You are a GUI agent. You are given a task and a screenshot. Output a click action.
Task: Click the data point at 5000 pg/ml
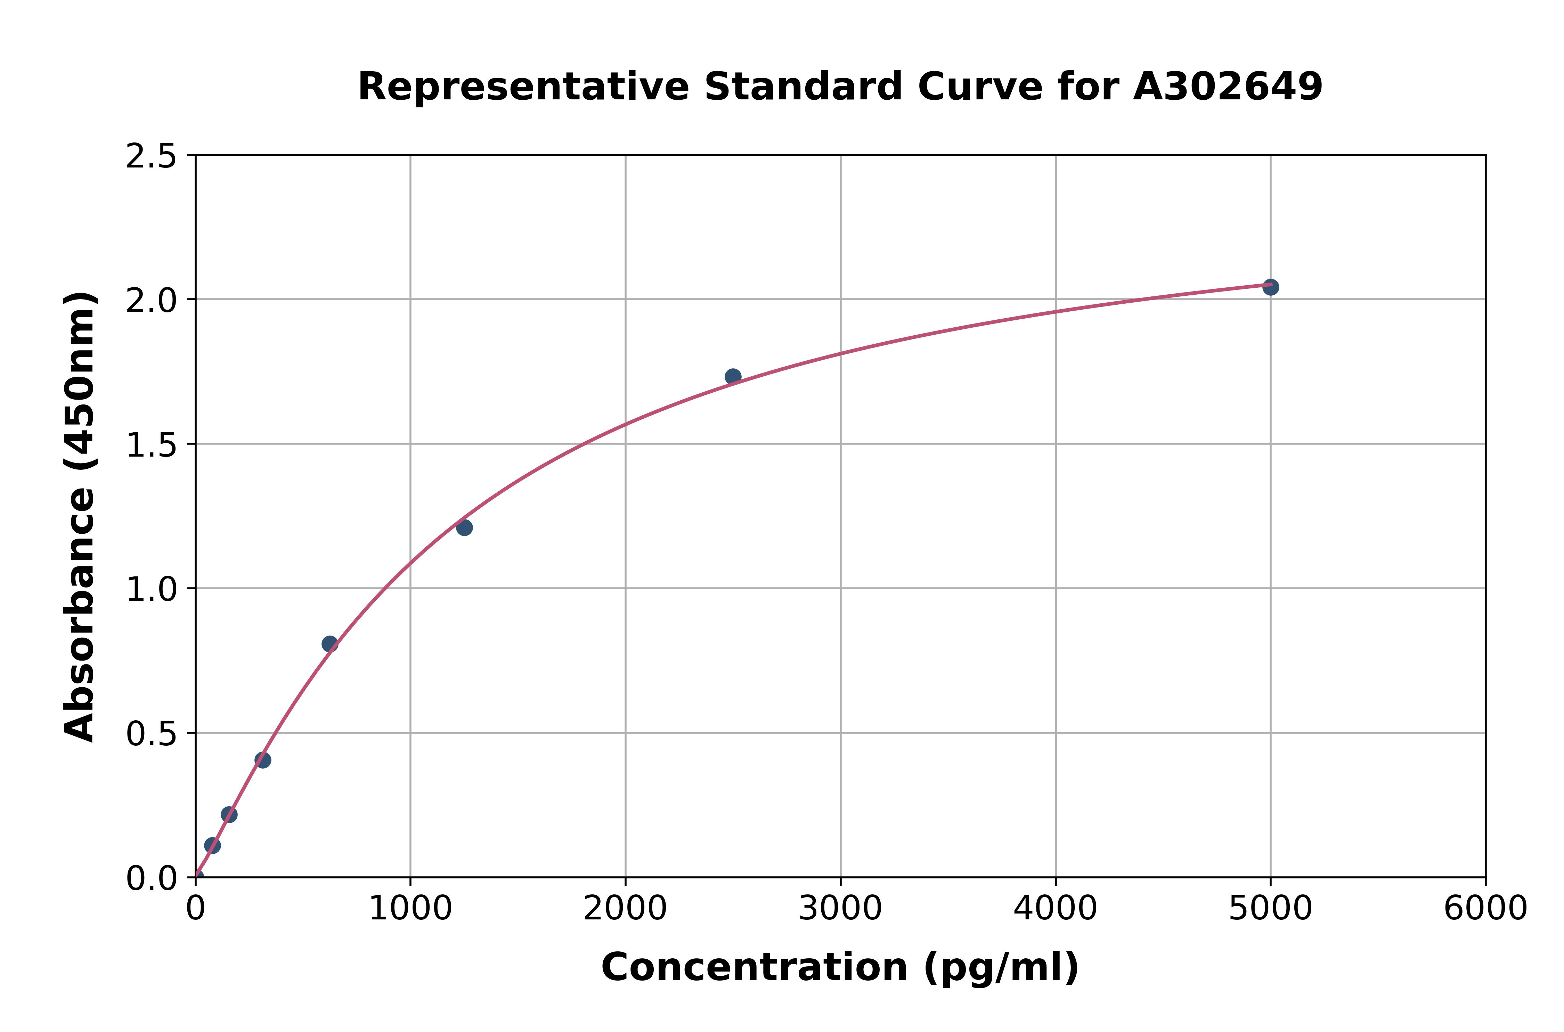point(1270,287)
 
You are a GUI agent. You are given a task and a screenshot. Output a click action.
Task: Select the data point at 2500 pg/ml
point(733,376)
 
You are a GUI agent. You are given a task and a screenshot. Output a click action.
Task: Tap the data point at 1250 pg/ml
point(464,527)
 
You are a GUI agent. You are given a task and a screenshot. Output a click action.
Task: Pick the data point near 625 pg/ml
point(330,644)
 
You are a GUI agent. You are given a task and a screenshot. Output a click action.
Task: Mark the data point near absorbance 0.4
point(263,760)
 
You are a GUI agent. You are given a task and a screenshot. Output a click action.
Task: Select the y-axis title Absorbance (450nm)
point(80,517)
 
